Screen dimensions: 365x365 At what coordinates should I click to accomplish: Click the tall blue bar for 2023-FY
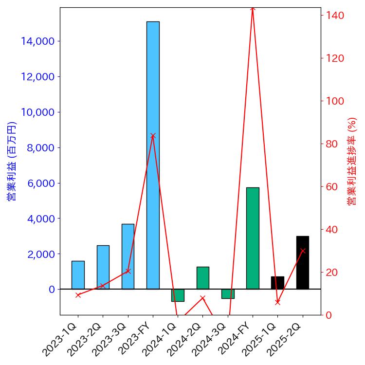[x=153, y=155]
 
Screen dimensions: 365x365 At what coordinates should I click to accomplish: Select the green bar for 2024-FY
[x=253, y=238]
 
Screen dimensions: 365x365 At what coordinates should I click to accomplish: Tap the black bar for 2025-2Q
[x=303, y=262]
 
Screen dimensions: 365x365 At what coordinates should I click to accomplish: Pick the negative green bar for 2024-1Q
[x=178, y=295]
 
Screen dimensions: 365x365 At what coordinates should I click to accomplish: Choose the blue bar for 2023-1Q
[x=78, y=275]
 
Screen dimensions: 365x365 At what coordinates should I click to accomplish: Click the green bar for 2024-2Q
[x=203, y=278]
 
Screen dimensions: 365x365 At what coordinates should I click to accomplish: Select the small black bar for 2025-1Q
[x=277, y=283]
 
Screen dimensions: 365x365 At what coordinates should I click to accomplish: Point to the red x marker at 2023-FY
[x=153, y=136]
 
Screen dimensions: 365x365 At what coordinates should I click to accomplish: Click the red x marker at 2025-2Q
[x=303, y=251]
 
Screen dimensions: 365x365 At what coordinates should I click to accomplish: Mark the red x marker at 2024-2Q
[x=203, y=298]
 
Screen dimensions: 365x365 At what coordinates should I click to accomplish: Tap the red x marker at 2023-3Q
[x=128, y=271]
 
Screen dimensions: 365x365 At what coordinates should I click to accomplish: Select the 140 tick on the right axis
[x=334, y=16]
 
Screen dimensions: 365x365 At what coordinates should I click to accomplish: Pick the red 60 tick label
[x=332, y=187]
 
